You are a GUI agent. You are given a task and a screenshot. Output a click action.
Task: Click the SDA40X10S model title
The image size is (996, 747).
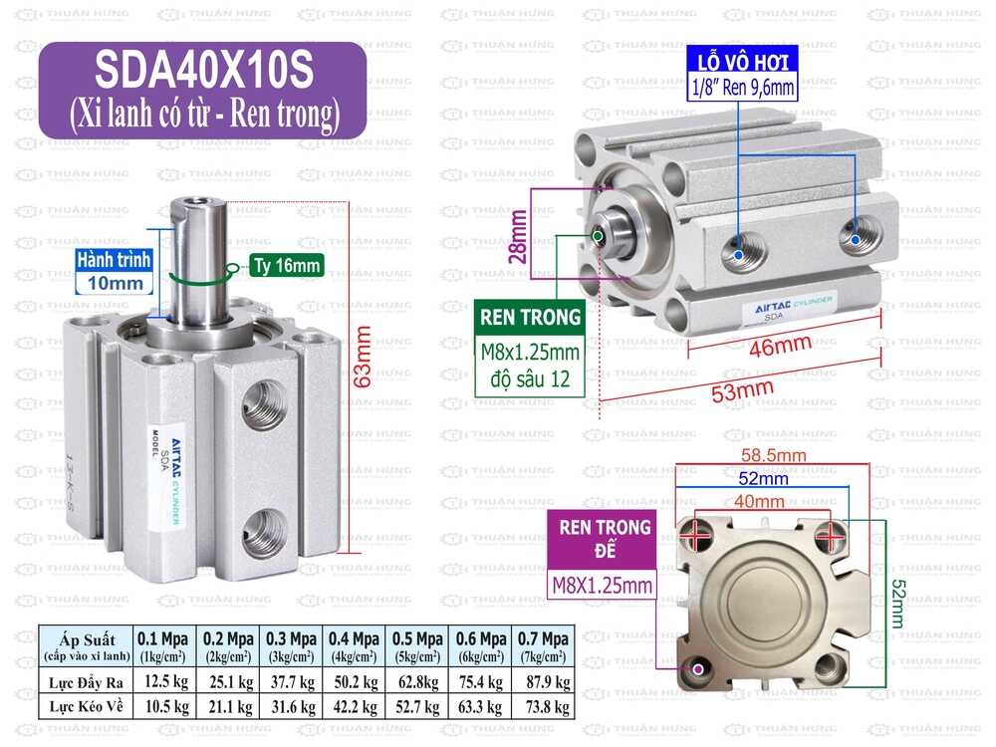203,70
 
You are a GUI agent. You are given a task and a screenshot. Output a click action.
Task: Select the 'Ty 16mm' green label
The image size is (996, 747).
286,266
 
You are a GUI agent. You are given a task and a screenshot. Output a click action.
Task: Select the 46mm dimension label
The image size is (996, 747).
780,346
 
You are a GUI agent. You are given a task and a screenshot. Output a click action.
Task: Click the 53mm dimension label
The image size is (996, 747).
742,390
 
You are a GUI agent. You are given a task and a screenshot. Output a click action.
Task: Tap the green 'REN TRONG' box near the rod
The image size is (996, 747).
530,318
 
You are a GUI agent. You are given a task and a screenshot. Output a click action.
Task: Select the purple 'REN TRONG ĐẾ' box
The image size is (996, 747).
605,539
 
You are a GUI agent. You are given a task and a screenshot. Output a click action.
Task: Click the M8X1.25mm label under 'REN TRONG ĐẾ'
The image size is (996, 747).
604,585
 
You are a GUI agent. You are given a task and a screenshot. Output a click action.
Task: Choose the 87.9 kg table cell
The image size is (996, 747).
542,682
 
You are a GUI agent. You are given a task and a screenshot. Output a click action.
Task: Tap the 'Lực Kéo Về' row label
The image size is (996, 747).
86,706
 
